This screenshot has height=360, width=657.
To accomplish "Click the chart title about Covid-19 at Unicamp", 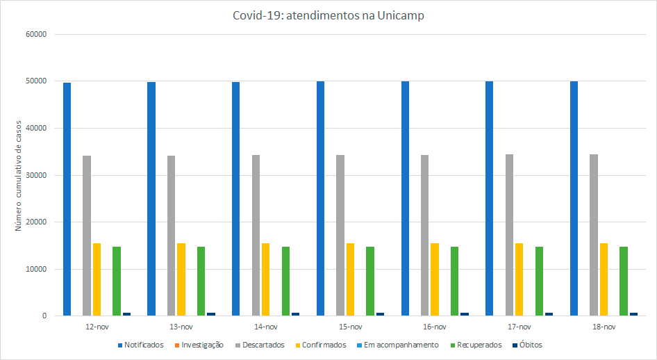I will (328, 15).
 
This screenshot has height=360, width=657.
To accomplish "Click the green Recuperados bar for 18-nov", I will (624, 281).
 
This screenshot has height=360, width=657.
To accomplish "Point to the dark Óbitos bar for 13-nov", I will (211, 314).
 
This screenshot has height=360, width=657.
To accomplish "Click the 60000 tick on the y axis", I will (35, 34).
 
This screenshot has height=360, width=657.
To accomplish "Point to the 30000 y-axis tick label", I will (35, 175).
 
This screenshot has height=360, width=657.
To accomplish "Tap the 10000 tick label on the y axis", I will (35, 269).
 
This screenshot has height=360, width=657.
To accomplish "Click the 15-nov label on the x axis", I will (350, 327).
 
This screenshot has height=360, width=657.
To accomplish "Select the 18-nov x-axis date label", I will (604, 327).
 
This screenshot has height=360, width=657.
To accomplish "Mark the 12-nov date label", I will (97, 327).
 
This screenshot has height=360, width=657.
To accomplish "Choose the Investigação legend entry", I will (202, 345).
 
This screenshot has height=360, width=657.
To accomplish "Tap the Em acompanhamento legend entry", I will (401, 345).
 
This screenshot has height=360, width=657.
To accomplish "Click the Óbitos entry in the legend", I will (531, 345).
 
